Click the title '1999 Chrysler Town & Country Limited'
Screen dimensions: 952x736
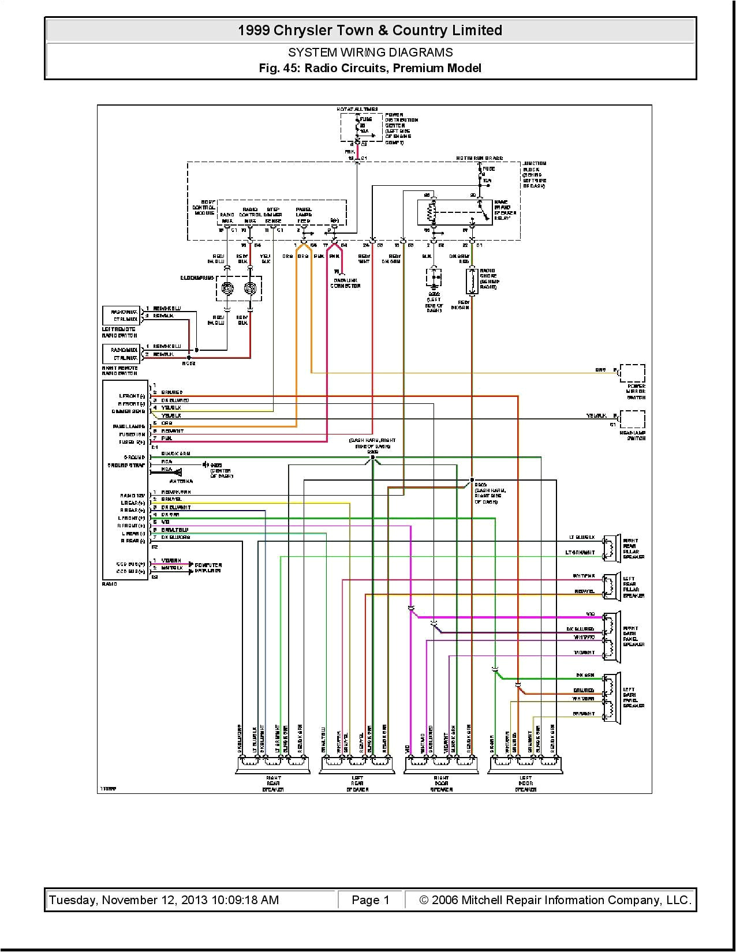click(x=370, y=31)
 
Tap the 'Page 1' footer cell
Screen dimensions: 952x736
click(x=370, y=899)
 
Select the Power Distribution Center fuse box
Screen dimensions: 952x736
click(x=361, y=127)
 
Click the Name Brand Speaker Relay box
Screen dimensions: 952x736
click(x=454, y=212)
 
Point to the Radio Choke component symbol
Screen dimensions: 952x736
click(x=472, y=281)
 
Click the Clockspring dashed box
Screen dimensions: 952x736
click(x=239, y=288)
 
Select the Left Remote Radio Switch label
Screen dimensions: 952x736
click(x=119, y=332)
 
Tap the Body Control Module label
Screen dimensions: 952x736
click(x=204, y=208)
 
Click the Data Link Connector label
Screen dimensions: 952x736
click(x=345, y=283)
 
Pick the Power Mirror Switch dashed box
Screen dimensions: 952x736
click(x=632, y=373)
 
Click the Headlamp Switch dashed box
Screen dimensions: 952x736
click(x=632, y=419)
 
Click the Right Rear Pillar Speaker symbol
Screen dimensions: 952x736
click(x=612, y=548)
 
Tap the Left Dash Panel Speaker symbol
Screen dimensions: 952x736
click(x=612, y=698)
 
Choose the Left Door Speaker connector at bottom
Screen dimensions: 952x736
click(x=525, y=765)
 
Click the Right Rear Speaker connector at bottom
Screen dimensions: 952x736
click(x=273, y=765)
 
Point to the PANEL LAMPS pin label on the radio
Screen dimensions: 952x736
click(x=129, y=426)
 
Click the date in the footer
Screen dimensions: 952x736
click(x=164, y=899)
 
